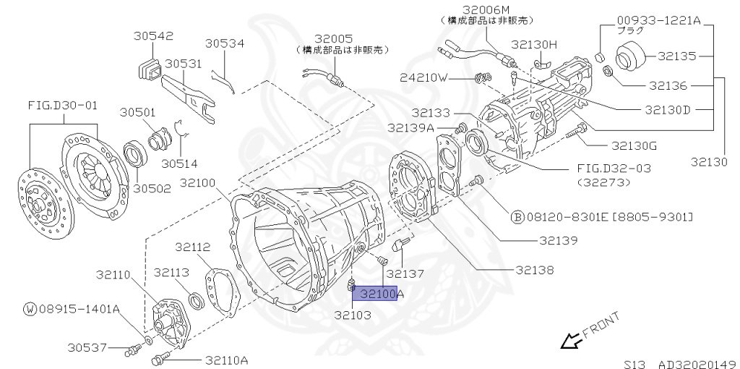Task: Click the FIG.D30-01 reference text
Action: click(62, 105)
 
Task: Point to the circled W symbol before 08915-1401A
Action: click(30, 309)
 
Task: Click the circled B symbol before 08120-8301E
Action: click(517, 216)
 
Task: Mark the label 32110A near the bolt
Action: click(226, 360)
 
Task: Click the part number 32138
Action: click(535, 270)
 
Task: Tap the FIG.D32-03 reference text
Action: click(614, 168)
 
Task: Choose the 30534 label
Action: click(225, 43)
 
